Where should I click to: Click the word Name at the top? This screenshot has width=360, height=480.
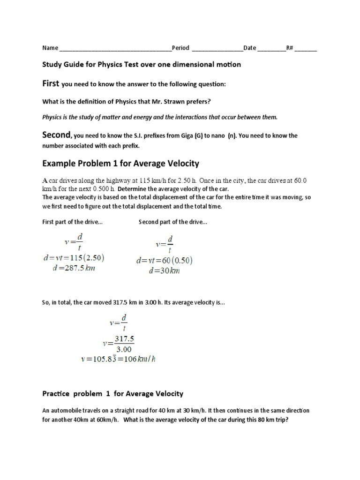point(50,48)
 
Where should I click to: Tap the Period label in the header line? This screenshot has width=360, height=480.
point(180,48)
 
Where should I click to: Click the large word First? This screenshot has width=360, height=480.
point(51,83)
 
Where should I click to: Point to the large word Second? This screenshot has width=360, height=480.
point(56,135)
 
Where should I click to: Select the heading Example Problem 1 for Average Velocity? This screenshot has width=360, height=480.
point(121,164)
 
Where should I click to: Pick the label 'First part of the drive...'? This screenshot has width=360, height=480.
point(73,222)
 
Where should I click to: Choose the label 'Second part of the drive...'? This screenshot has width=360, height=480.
point(173,222)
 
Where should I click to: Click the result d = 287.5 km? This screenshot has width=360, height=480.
point(74,269)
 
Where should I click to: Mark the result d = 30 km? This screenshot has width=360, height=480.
point(164,271)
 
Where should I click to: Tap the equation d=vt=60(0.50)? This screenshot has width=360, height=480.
point(164,261)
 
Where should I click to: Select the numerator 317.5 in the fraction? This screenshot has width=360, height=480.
point(124,338)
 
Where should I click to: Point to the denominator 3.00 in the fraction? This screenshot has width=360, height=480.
point(124,349)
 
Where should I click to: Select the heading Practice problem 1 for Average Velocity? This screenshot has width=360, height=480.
point(113,394)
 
